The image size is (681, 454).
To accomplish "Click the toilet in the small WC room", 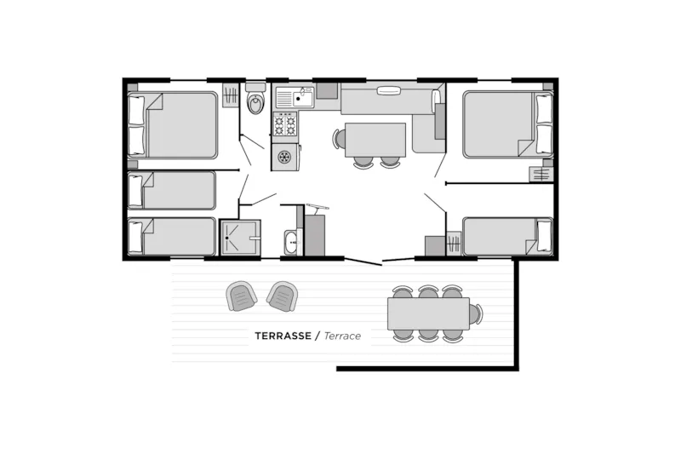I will (255, 103).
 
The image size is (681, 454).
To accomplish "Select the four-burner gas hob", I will (284, 125).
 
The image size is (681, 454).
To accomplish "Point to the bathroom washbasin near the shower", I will (291, 242).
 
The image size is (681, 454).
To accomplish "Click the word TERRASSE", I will (283, 336).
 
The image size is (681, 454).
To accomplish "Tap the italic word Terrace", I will (342, 336).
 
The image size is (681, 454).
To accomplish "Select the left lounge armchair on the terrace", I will (242, 296).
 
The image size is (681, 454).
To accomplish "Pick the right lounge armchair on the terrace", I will (282, 296).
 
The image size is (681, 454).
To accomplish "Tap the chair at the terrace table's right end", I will (475, 313).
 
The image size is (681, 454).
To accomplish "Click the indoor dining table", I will (375, 139).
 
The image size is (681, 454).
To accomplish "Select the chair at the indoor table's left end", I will (340, 139).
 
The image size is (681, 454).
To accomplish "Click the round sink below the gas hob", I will (284, 157).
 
